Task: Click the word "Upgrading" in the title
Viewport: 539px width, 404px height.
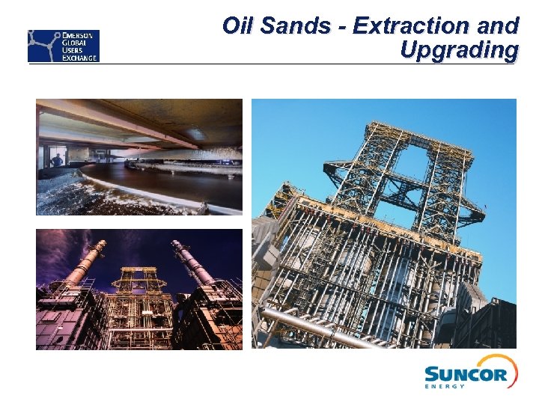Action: pyautogui.click(x=459, y=50)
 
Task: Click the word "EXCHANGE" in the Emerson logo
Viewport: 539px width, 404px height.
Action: pyautogui.click(x=79, y=57)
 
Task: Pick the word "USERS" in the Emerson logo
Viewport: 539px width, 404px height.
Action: pyautogui.click(x=75, y=49)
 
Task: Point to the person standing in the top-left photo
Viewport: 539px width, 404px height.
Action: pyautogui.click(x=56, y=160)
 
